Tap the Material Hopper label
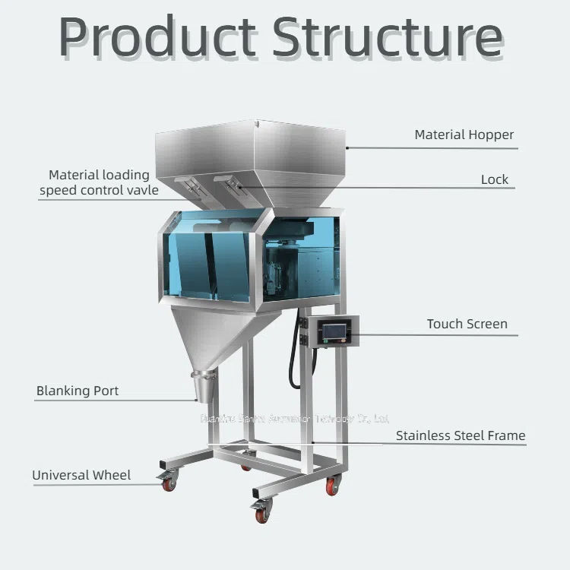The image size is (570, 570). click(x=464, y=135)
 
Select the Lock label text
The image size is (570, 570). click(x=494, y=179)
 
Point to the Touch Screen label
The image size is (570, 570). click(x=467, y=324)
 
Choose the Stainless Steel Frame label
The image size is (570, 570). click(x=461, y=435)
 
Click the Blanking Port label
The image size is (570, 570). click(x=78, y=391)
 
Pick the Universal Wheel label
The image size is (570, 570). click(x=81, y=475)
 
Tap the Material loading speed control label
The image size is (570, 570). click(x=99, y=182)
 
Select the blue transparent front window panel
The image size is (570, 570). click(x=209, y=262)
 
